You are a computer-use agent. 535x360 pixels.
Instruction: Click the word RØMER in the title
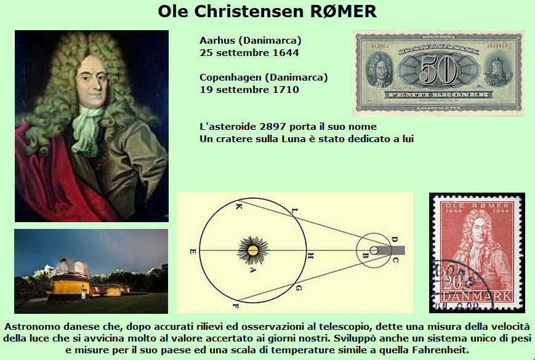[344, 11]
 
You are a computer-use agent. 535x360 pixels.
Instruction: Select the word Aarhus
[217, 41]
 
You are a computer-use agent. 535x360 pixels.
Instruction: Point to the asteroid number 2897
[272, 127]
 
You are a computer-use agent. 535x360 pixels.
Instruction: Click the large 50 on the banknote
[438, 70]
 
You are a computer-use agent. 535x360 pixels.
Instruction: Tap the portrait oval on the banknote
[379, 71]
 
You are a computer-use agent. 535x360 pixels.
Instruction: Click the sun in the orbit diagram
[252, 250]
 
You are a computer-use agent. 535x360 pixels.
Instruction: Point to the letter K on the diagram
[238, 207]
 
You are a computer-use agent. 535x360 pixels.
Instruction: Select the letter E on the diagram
[193, 251]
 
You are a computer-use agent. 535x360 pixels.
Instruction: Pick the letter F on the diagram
[235, 305]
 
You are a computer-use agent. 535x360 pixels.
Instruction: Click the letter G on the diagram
[299, 289]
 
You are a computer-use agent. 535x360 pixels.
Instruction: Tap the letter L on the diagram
[295, 211]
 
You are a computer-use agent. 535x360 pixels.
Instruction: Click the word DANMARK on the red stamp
[477, 296]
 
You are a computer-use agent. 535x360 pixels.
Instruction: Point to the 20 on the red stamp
[452, 282]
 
